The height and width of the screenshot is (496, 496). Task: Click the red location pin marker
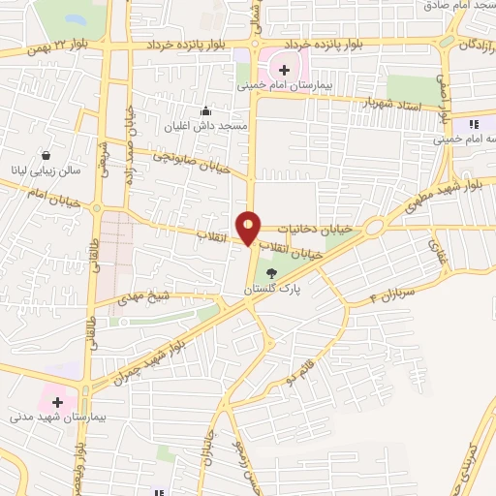249,226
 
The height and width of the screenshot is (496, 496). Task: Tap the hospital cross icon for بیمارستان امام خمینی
284,69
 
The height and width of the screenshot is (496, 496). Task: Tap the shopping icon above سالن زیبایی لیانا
46,155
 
